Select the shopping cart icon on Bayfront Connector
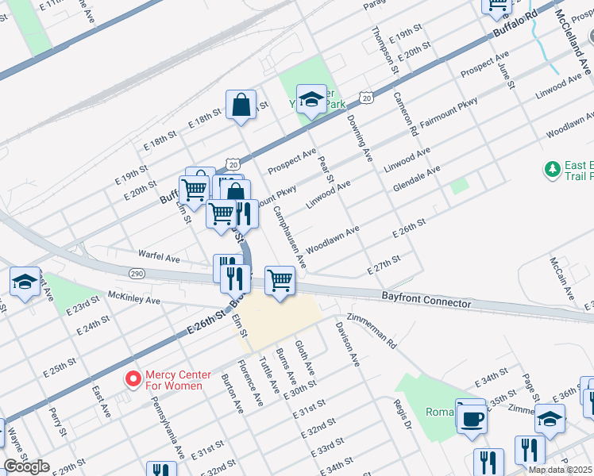(280, 280)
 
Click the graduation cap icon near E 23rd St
(25, 282)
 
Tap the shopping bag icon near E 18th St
(241, 105)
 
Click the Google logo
(27, 466)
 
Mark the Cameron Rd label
(405, 115)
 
